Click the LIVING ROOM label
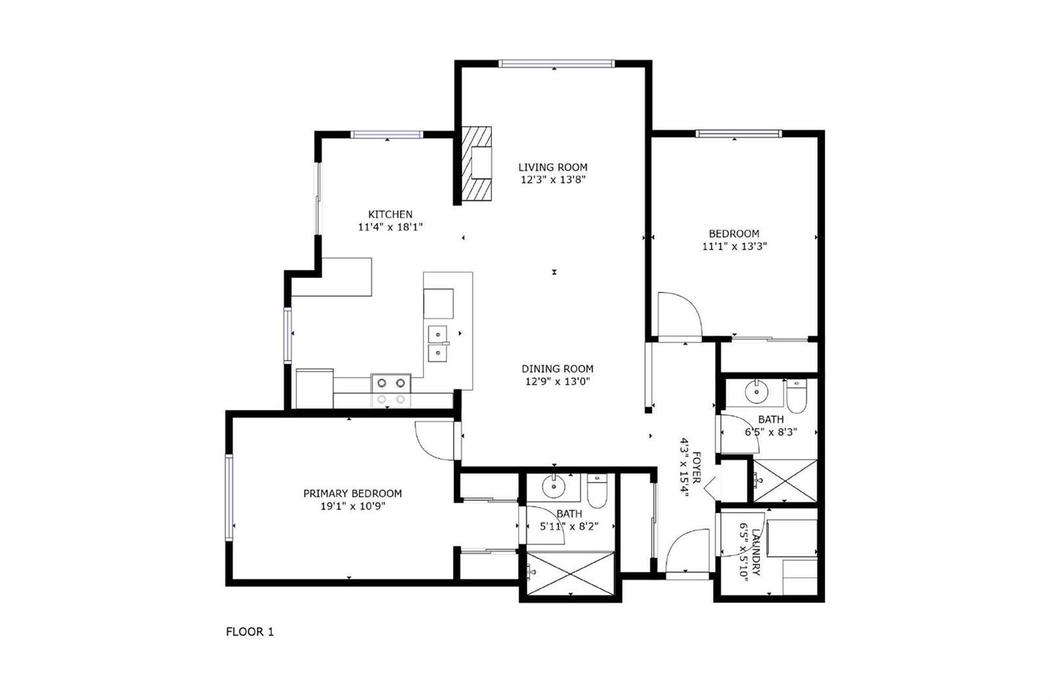[x=552, y=167]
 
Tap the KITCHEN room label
[x=390, y=215]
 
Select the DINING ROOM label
[x=558, y=369]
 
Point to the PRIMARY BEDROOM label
[x=352, y=494]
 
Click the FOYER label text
[x=696, y=468]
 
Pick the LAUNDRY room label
[x=755, y=552]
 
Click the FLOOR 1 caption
[x=250, y=632]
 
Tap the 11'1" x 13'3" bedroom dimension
[x=734, y=246]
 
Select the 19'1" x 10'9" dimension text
[x=353, y=506]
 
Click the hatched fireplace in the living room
[x=476, y=164]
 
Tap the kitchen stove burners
[x=391, y=391]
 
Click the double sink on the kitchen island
[x=437, y=344]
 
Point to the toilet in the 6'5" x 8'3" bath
[x=795, y=397]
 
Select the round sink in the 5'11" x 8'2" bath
[x=554, y=487]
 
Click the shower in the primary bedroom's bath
[x=571, y=574]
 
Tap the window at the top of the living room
[x=556, y=64]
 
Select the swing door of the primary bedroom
[x=436, y=441]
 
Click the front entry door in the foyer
[x=687, y=554]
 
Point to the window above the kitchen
[x=387, y=135]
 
